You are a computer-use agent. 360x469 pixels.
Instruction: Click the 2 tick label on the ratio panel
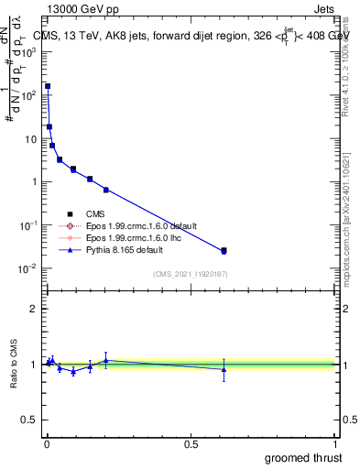pos(34,309)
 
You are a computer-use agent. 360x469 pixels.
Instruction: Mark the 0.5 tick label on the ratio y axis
pos(30,420)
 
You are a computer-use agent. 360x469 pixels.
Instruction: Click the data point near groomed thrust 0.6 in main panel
pos(224,250)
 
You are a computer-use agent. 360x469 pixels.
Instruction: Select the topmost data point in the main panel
pos(48,86)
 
